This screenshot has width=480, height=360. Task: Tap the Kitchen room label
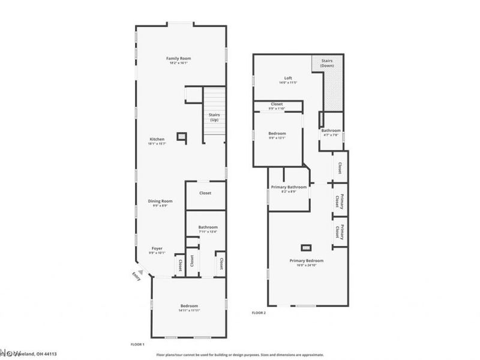coord(157,139)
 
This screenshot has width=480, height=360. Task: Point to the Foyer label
coord(157,248)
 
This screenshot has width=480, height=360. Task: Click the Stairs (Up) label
coord(214,116)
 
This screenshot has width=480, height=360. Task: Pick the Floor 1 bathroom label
coord(208,227)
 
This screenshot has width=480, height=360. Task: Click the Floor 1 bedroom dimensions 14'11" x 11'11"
coord(188,310)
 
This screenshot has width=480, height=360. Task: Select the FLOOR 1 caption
coord(138,344)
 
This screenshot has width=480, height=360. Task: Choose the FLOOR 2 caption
coord(259,313)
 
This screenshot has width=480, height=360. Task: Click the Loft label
coord(288,78)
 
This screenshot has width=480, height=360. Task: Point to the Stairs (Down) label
coord(327,62)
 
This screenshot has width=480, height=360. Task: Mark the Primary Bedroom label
coord(306,260)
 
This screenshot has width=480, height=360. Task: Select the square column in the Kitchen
coord(181,136)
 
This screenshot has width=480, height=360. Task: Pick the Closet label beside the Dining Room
coord(205,193)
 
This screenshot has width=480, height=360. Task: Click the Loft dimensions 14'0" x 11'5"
coord(288,83)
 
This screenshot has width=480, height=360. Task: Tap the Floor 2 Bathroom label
coord(331,130)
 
